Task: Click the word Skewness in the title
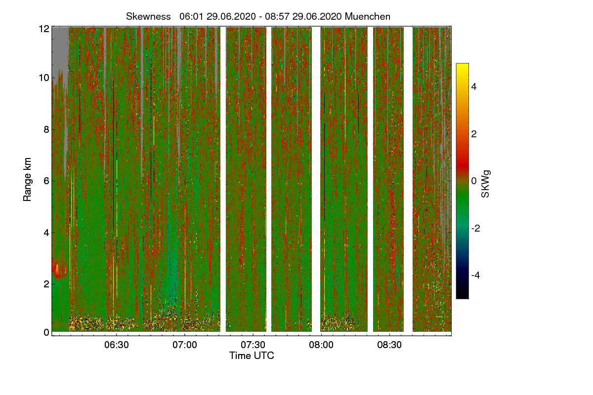coord(147,16)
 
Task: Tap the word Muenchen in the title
coord(368,16)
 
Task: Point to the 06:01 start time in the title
coord(190,16)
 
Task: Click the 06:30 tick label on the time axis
coord(117,344)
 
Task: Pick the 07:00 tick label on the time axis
coord(185,344)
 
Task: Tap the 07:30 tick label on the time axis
coord(253,344)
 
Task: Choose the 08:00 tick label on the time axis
coord(321,344)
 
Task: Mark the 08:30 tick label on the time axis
coord(389,344)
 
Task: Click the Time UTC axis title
coord(252,355)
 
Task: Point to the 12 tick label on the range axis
coord(44,29)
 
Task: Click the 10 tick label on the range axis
coord(44,78)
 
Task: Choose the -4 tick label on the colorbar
coord(476,275)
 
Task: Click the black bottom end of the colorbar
coord(462,296)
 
